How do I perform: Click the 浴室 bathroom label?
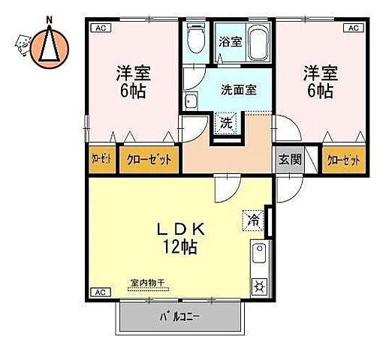point(231,42)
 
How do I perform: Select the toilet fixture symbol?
point(197,39)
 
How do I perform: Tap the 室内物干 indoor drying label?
point(147,283)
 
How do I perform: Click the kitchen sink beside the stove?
point(259,255)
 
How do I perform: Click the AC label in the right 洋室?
point(351,28)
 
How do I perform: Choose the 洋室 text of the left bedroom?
point(132,73)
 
